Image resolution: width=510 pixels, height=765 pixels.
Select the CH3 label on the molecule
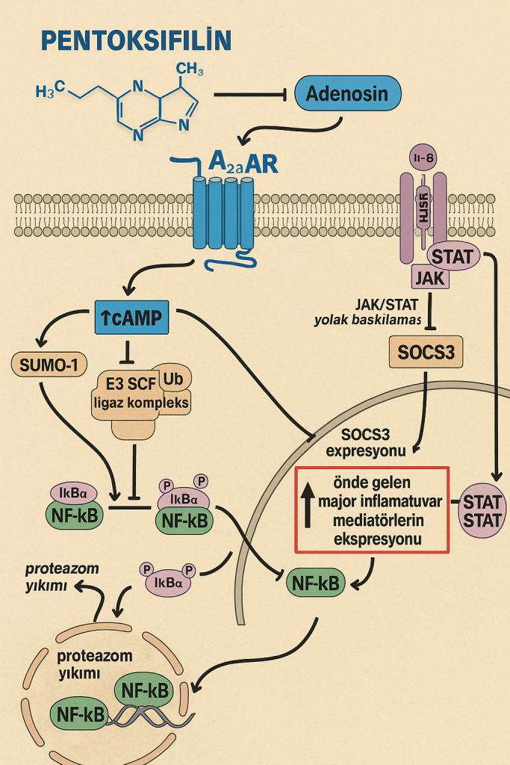[x=190, y=70]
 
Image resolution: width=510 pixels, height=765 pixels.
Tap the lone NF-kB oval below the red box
[x=316, y=583]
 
